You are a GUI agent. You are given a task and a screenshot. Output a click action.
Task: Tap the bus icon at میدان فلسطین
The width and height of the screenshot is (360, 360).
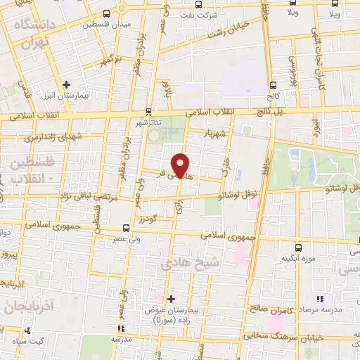tap(106, 13)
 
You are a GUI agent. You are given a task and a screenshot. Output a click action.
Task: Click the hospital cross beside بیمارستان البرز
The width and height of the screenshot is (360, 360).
tap(66, 84)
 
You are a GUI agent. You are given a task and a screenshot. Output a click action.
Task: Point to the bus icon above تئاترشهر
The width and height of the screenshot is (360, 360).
tap(148, 111)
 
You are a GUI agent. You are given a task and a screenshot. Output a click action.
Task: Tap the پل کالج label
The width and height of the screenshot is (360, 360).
tap(274, 112)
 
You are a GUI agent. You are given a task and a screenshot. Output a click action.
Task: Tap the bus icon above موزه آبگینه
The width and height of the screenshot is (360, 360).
tap(297, 247)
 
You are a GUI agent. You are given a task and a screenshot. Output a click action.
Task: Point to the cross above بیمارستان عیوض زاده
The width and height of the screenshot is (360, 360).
tap(171, 299)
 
